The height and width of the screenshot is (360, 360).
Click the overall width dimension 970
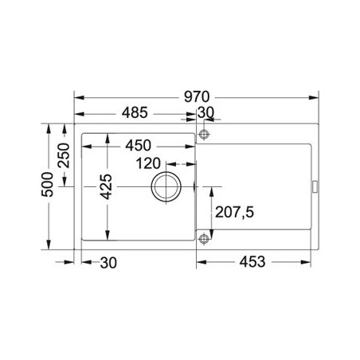[197, 97]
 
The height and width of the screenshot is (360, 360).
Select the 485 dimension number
[135, 112]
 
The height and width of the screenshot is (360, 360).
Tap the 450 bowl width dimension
[139, 145]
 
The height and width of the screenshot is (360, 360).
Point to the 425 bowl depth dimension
[106, 186]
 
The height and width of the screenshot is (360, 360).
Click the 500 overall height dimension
[48, 184]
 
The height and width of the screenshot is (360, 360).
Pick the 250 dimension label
[64, 155]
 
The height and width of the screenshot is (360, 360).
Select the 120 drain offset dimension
[148, 163]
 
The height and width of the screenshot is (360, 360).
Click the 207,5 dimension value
[234, 212]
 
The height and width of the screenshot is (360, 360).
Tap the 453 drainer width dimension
[252, 262]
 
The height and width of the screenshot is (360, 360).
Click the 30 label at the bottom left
[108, 263]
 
